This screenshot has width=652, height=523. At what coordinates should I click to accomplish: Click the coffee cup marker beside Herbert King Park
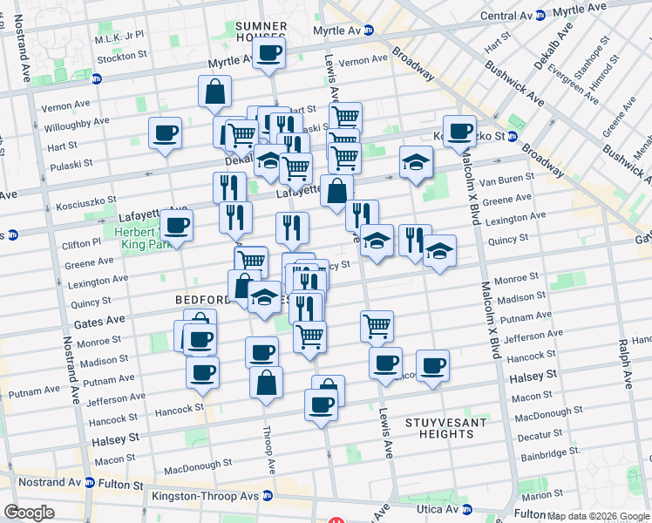point(176,227)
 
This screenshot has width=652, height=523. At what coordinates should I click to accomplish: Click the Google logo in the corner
point(29,513)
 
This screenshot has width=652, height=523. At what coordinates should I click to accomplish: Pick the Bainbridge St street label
point(538,452)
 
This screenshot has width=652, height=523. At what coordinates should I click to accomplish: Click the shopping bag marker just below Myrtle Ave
point(214,92)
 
